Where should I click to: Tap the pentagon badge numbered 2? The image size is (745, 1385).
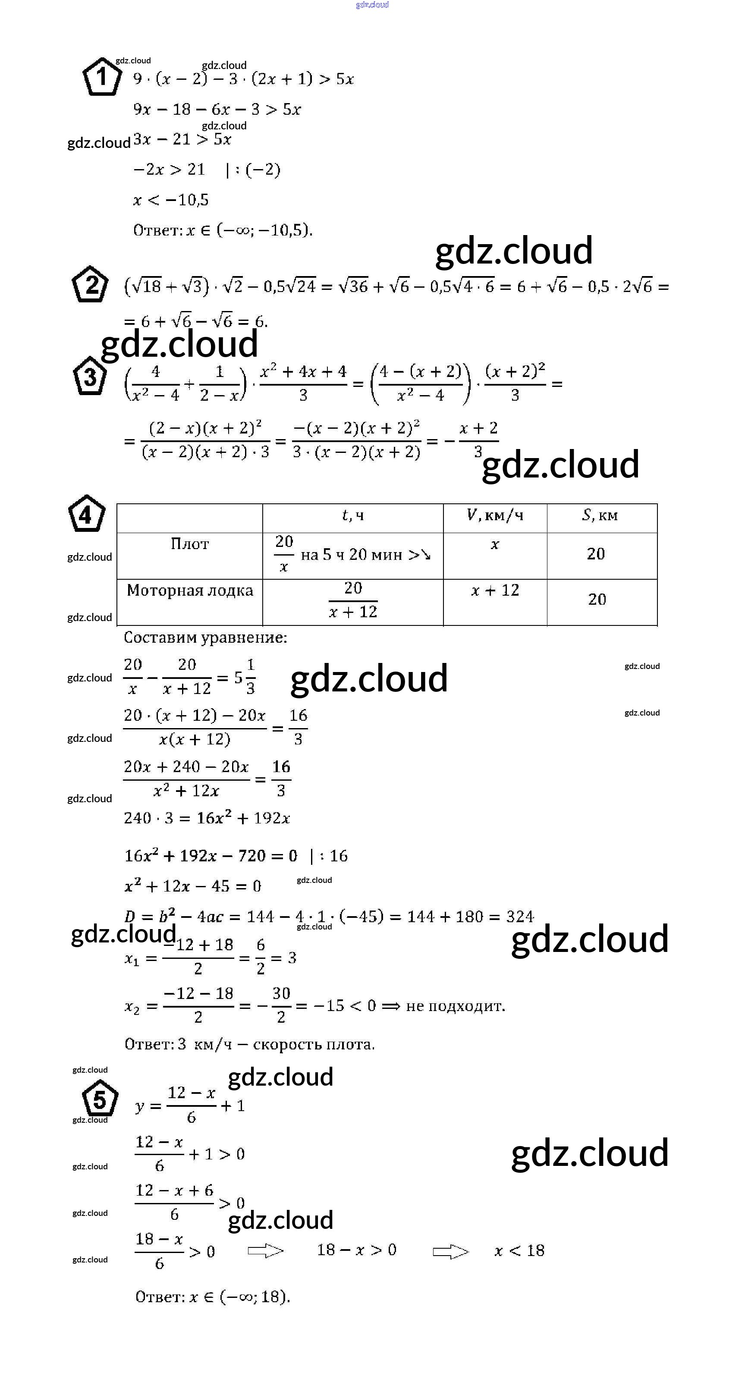point(90,284)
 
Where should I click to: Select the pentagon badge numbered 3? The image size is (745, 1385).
point(89,377)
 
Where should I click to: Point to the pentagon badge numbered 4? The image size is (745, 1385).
point(86,515)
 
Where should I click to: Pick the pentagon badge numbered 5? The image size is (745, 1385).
point(100,1099)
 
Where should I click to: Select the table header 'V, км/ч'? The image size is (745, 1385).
point(495,515)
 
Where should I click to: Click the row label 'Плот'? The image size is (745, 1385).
point(189,544)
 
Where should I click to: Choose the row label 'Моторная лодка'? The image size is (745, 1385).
point(190,590)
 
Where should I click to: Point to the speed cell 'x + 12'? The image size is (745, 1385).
point(495,590)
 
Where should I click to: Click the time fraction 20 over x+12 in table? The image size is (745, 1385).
point(353,600)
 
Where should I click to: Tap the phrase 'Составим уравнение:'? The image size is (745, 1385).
point(205,638)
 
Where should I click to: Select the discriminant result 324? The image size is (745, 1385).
point(520,917)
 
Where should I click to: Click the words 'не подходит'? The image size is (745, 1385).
point(455,1005)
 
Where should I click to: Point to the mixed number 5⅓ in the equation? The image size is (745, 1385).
point(245,677)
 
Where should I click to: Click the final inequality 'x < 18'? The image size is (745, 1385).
point(519,1250)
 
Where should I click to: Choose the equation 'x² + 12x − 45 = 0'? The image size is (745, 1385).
point(192,886)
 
